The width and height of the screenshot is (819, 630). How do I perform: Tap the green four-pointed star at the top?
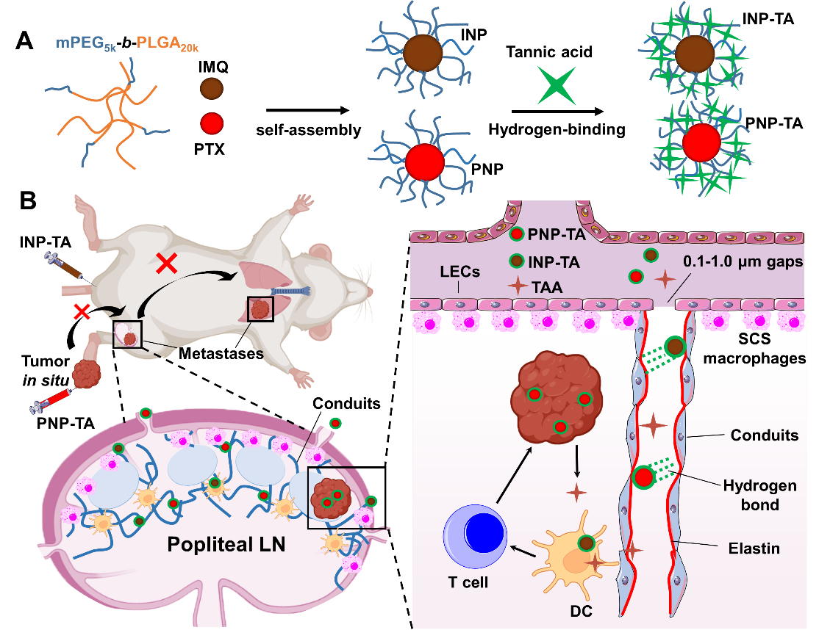pyautogui.click(x=556, y=85)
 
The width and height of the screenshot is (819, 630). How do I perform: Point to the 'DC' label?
pyautogui.click(x=581, y=609)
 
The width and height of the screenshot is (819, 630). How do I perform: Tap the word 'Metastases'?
pyautogui.click(x=221, y=354)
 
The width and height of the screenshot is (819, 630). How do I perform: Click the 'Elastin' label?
pyautogui.click(x=754, y=548)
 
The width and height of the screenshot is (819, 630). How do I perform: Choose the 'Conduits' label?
pyautogui.click(x=764, y=435)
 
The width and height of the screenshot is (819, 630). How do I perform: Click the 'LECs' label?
pyautogui.click(x=461, y=272)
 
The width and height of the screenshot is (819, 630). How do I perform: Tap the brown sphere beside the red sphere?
pyautogui.click(x=212, y=90)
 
